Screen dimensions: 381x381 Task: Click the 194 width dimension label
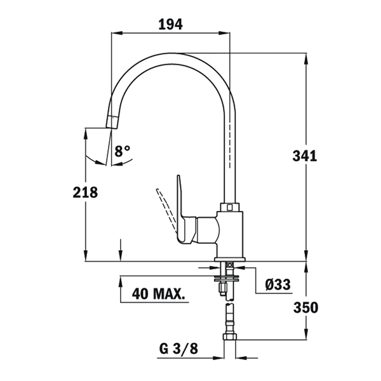(x=170, y=24)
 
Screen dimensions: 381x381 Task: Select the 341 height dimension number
(x=305, y=156)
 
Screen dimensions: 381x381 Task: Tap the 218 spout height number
(x=85, y=192)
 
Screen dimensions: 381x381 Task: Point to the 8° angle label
(x=122, y=151)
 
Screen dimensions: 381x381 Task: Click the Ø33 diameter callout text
(x=277, y=284)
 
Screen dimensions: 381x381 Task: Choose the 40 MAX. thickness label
(x=158, y=294)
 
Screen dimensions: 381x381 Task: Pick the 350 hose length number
(x=305, y=307)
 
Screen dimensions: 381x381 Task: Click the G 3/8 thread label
(x=178, y=349)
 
